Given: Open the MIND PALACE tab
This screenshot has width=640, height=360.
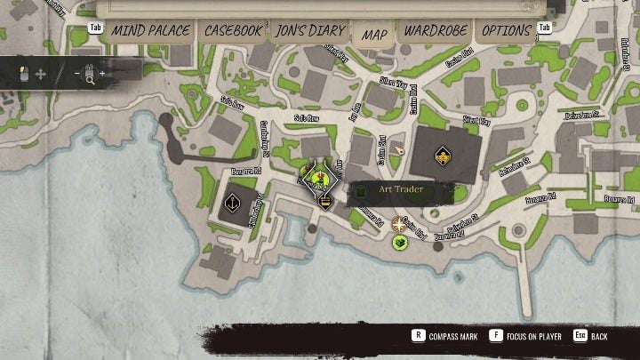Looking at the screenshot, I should pos(151,30).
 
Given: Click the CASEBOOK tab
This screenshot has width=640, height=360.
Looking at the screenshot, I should pos(233,30).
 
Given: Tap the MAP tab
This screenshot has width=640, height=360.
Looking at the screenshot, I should pos(374,33).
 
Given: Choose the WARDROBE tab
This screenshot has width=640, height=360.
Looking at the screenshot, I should pos(436,30).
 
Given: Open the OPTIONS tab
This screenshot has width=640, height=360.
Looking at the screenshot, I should pos(507,30).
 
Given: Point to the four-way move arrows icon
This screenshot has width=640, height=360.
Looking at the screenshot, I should pos(40,75).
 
